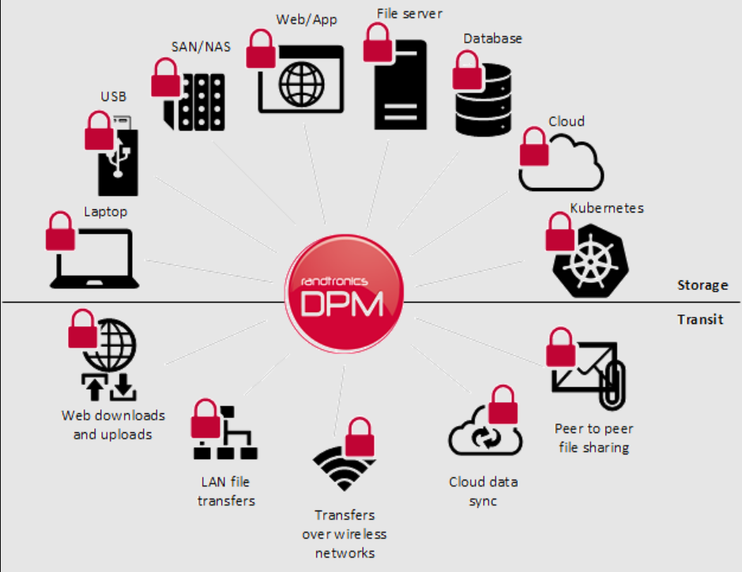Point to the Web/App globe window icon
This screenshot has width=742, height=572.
pos(303,79)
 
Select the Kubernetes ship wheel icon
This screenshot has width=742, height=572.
pos(588,257)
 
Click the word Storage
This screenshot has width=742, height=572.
pos(702,285)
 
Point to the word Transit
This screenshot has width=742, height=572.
pos(700,320)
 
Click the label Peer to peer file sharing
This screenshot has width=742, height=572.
pos(593,438)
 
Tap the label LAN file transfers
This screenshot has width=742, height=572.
pos(226,491)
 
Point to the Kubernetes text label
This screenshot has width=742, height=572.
pos(607,209)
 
